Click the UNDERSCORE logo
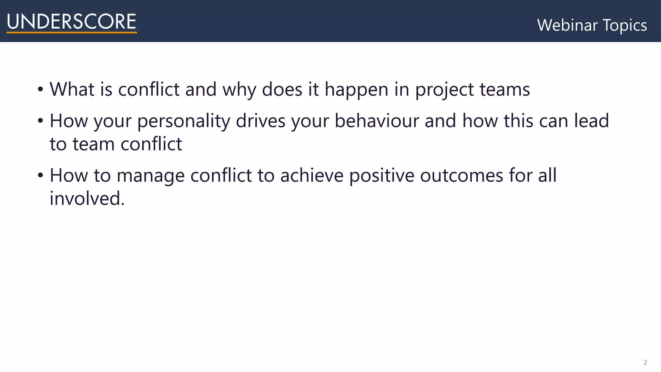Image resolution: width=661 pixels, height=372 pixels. [71, 22]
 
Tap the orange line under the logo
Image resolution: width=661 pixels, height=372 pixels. [71, 32]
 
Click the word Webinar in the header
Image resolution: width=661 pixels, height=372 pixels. [567, 25]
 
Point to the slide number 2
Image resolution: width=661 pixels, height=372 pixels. [645, 362]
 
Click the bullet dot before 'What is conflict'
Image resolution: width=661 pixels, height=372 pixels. [40, 89]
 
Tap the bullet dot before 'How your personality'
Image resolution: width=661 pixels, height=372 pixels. [40, 121]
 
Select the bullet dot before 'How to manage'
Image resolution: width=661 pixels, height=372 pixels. [40, 175]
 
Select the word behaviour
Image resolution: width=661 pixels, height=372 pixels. [376, 121]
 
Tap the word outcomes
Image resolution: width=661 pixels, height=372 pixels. [461, 175]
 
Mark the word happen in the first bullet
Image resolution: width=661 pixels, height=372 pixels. [356, 90]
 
